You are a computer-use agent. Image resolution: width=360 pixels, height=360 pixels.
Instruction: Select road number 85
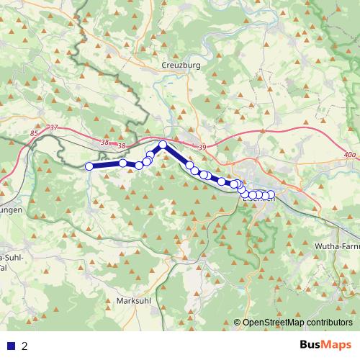pos(35,134)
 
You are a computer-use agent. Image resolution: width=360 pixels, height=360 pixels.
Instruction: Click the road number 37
pos(54,128)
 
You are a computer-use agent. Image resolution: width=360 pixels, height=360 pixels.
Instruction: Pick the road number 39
pos(202,148)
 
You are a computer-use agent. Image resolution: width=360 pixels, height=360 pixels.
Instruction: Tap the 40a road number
pos(350,154)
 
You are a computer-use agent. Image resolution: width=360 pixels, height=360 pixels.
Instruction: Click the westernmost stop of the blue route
pos(89,167)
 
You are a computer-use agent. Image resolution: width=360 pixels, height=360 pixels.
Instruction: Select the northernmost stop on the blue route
pos(163,145)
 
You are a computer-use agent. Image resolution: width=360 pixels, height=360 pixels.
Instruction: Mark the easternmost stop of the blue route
pos(271,194)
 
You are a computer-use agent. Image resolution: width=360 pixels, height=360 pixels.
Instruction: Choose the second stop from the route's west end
pos(123,163)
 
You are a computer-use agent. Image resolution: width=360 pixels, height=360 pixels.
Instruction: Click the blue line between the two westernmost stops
pos(106,166)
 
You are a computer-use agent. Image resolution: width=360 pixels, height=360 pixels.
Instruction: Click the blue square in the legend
pos(10,346)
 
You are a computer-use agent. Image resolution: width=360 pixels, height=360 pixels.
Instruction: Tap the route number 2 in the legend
pos(24,346)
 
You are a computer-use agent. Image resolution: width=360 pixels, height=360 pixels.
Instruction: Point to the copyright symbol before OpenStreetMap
pos(238,323)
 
